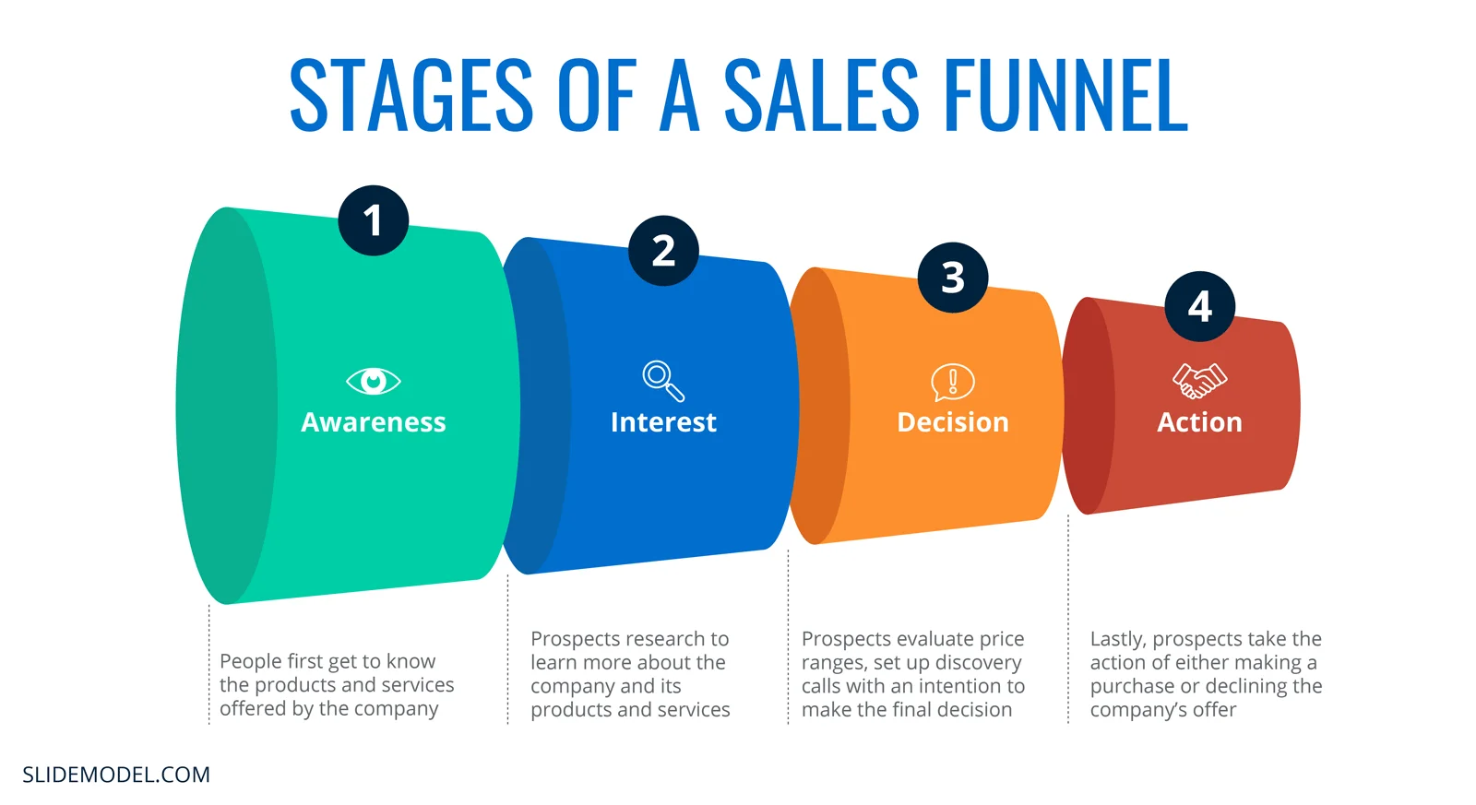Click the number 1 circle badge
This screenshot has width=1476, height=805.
[x=373, y=220]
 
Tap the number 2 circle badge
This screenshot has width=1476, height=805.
[x=663, y=250]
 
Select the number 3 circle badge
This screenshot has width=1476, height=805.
[x=953, y=278]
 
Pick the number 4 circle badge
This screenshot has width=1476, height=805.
[x=1199, y=306]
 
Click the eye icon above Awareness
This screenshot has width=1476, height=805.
[x=373, y=381]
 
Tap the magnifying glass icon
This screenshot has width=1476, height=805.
[x=663, y=381]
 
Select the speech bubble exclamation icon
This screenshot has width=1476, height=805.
[x=953, y=382]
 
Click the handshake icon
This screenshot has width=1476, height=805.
[x=1199, y=380]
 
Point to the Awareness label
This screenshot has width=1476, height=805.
[x=373, y=422]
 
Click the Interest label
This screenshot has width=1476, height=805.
[x=663, y=422]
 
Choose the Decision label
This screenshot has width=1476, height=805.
[x=953, y=422]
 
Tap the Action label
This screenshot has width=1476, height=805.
[x=1199, y=422]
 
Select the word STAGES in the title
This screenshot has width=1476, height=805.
[x=411, y=95]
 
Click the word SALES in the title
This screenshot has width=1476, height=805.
[x=820, y=95]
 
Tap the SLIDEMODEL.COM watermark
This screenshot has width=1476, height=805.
[x=116, y=775]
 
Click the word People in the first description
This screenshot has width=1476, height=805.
[x=250, y=661]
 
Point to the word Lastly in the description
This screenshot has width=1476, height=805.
[x=1117, y=639]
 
